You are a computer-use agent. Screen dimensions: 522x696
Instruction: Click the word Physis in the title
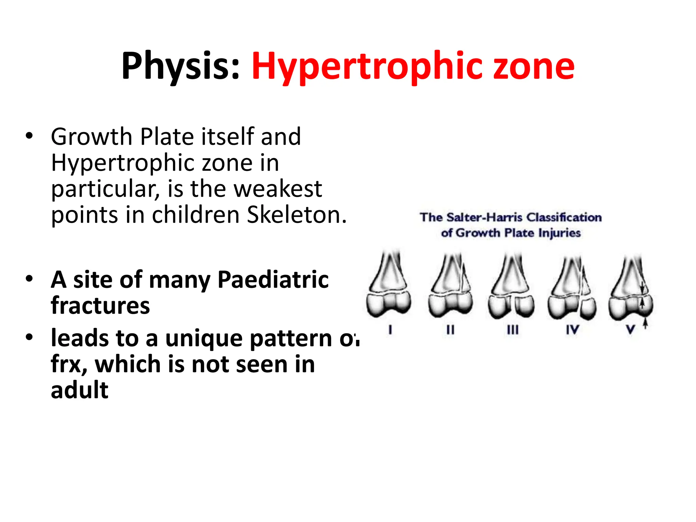[x=180, y=66]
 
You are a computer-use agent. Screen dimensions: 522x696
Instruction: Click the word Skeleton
[x=296, y=215]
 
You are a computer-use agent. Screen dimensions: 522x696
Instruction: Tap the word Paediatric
[x=273, y=280]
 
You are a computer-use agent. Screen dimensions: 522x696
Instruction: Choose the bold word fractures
[x=100, y=306]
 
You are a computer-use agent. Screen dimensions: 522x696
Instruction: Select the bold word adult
[x=80, y=390]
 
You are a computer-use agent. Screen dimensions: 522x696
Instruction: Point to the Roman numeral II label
[x=450, y=330]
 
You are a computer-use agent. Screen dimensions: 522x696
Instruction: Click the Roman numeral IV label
[x=572, y=330]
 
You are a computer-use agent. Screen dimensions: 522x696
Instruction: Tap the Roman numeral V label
[x=630, y=330]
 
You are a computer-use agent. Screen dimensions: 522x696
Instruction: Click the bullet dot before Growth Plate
[x=29, y=136]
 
